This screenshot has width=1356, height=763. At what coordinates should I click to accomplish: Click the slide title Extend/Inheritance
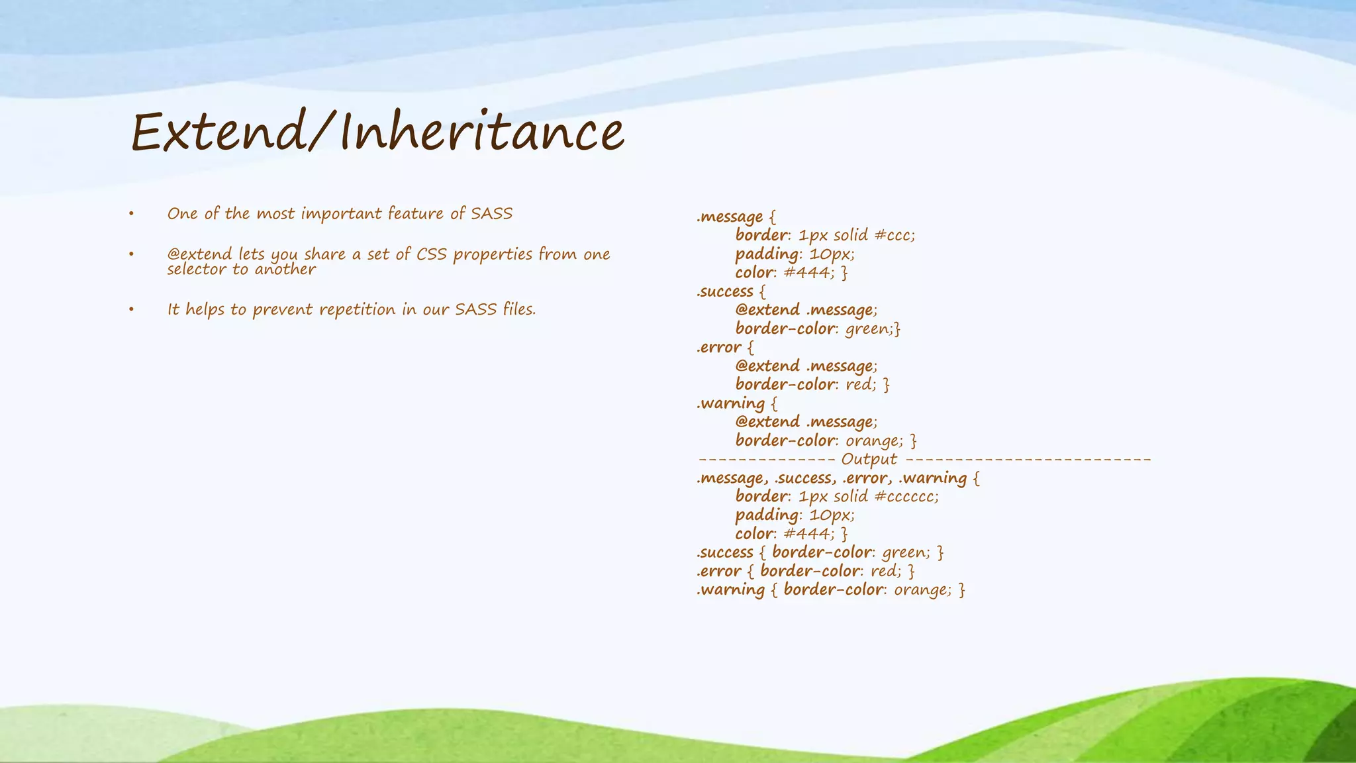tap(377, 132)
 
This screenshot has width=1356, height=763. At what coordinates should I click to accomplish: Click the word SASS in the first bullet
tap(491, 214)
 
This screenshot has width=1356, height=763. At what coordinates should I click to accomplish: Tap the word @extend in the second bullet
tap(199, 254)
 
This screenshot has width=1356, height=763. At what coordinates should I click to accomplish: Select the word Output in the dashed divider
tap(869, 460)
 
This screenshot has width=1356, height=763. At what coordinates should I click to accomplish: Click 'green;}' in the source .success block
tap(873, 329)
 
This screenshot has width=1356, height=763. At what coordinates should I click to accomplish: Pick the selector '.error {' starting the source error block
tap(725, 348)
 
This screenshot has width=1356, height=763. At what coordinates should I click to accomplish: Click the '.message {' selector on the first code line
tap(736, 217)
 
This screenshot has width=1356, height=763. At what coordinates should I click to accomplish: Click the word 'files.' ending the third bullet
tap(519, 309)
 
